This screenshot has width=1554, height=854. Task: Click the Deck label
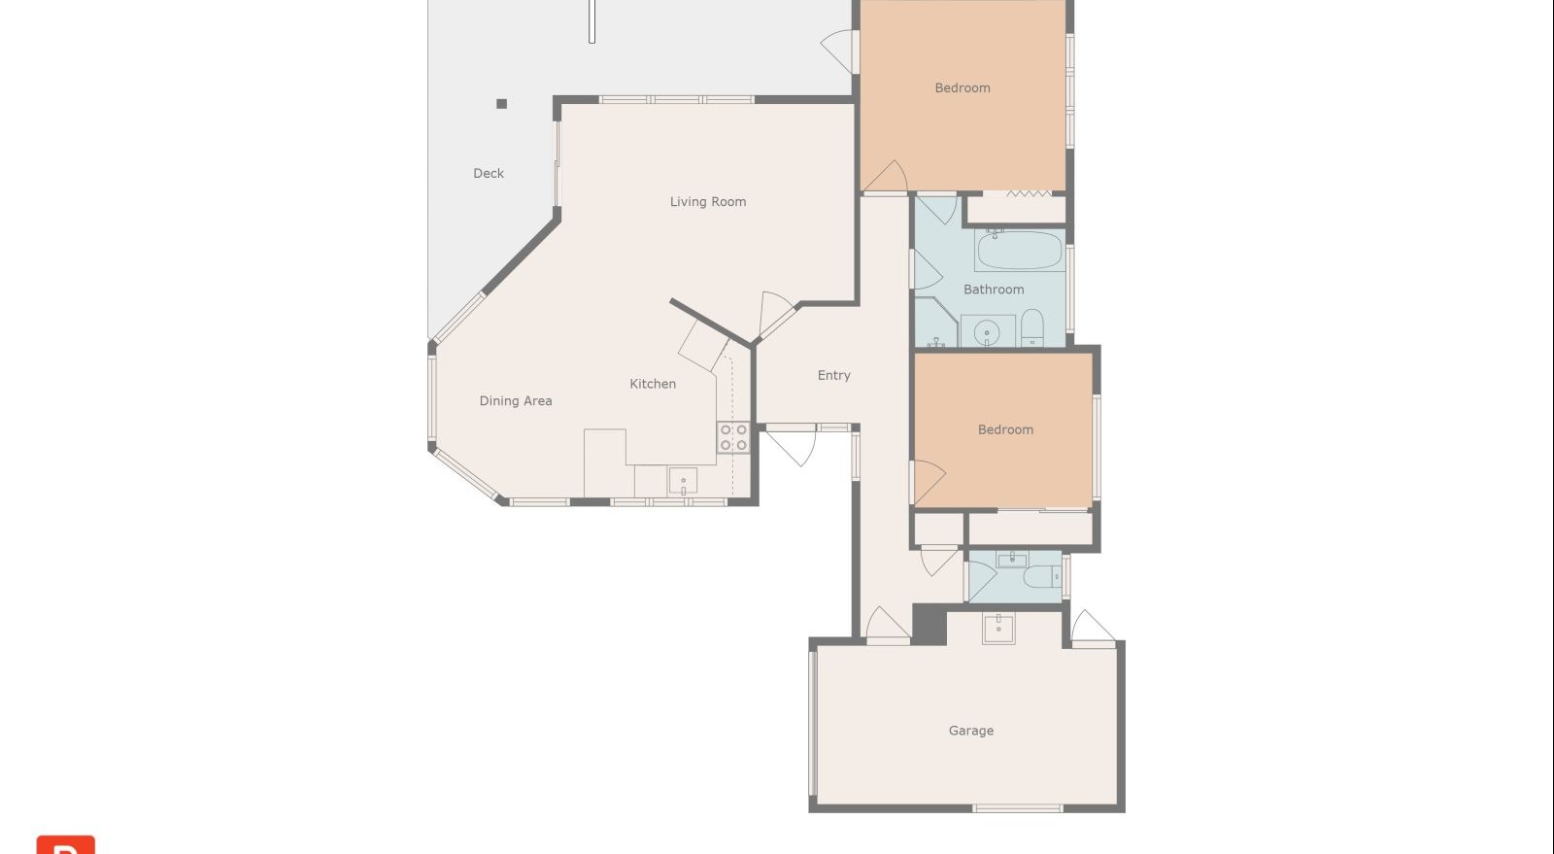click(489, 174)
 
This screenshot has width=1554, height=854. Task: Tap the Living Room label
click(708, 202)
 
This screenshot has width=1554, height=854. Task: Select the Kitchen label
click(652, 384)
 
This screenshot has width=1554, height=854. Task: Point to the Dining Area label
click(516, 401)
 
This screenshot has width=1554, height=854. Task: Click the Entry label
click(833, 375)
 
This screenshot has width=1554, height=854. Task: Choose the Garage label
click(970, 731)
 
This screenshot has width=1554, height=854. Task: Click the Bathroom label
click(994, 290)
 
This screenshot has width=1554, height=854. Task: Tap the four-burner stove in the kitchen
click(733, 438)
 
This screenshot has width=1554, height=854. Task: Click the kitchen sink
click(683, 481)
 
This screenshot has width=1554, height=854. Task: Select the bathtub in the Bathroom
click(1019, 251)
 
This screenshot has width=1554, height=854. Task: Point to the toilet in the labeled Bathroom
click(1032, 327)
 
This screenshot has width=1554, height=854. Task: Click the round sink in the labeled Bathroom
click(987, 333)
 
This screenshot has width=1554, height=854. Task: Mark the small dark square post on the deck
click(501, 104)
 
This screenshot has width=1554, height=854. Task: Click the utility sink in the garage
click(999, 628)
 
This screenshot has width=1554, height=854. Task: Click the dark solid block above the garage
click(929, 625)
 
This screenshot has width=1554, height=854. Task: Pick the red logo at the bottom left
click(66, 844)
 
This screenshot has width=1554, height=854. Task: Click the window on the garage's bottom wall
click(1017, 808)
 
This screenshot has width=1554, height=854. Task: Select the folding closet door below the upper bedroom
click(1029, 193)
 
